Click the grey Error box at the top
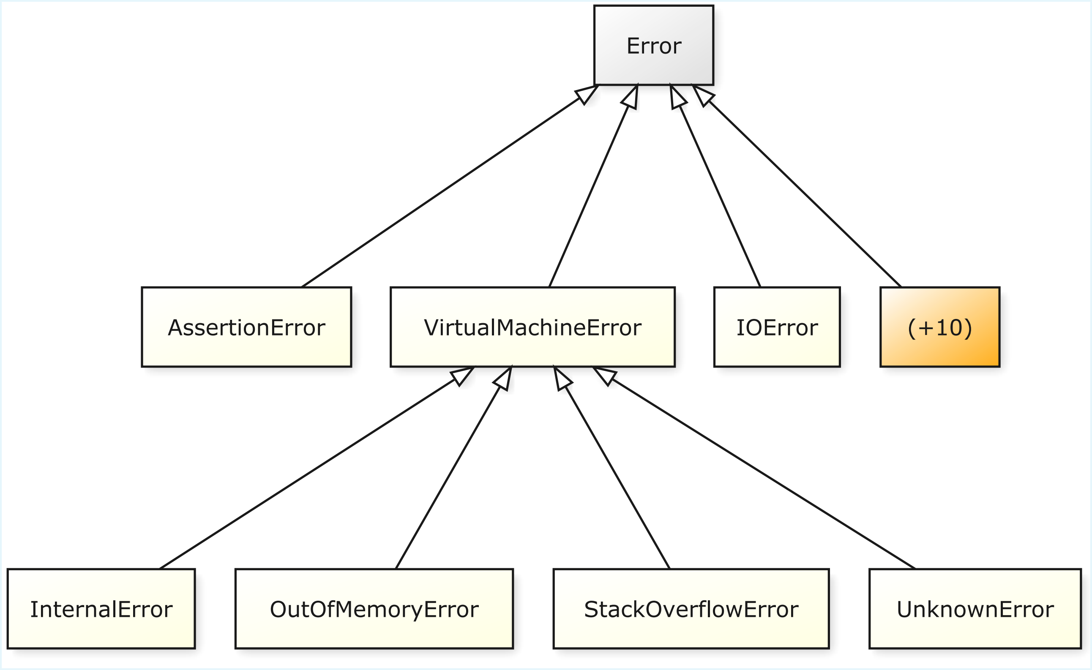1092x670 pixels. click(x=654, y=45)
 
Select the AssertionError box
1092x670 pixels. click(x=246, y=327)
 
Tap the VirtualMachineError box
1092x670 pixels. click(x=533, y=327)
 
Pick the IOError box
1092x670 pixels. click(x=777, y=327)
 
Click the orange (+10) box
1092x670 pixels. click(x=940, y=327)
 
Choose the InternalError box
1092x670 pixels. click(x=101, y=609)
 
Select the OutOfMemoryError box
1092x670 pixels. click(x=374, y=609)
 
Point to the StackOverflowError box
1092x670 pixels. click(x=691, y=609)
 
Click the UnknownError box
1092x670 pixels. click(x=975, y=609)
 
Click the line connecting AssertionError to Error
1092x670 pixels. click(x=450, y=186)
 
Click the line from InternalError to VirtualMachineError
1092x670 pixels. click(x=317, y=468)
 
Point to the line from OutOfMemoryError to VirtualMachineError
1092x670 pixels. click(x=454, y=468)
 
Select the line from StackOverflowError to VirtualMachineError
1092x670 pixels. click(x=612, y=468)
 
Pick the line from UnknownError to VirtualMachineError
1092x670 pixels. click(x=753, y=468)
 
